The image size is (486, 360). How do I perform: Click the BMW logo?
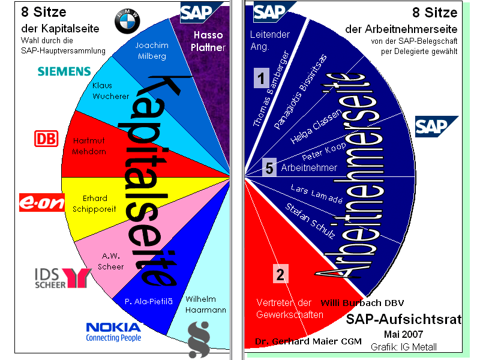pyautogui.click(x=127, y=21)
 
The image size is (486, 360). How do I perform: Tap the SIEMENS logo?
pyautogui.click(x=64, y=71)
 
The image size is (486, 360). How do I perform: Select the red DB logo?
pyautogui.click(x=46, y=139)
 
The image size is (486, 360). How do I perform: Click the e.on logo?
pyautogui.click(x=42, y=202)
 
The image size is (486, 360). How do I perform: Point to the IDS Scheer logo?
pyautogui.click(x=63, y=278)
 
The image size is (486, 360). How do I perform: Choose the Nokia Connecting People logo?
pyautogui.click(x=113, y=332)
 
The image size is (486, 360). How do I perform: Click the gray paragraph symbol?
pyautogui.click(x=199, y=340)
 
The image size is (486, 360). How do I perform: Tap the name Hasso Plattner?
pyautogui.click(x=208, y=41)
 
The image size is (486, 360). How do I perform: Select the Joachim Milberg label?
pyautogui.click(x=152, y=50)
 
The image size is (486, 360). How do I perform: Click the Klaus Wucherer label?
pyautogui.click(x=110, y=91)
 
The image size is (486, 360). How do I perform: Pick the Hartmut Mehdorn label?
pyautogui.click(x=89, y=146)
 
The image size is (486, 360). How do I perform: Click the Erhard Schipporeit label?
pyautogui.click(x=94, y=204)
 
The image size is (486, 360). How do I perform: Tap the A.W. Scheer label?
pyautogui.click(x=110, y=261)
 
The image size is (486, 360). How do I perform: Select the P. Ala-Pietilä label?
pyautogui.click(x=148, y=301)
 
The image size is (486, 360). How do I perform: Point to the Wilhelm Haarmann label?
pyautogui.click(x=205, y=304)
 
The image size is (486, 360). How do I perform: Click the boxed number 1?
pyautogui.click(x=261, y=78)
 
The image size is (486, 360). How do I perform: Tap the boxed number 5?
pyautogui.click(x=269, y=168)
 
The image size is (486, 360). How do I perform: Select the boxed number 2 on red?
pyautogui.click(x=281, y=274)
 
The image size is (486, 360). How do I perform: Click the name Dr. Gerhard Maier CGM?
pyautogui.click(x=308, y=341)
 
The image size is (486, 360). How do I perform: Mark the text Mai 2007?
pyautogui.click(x=403, y=334)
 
